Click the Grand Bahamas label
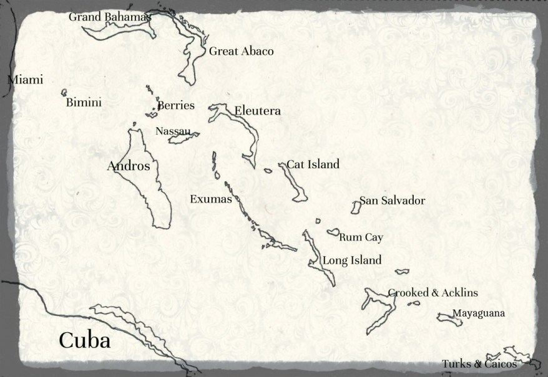pos(110,17)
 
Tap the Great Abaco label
pos(241,51)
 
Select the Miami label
pos(26,80)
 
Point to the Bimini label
pos(84,103)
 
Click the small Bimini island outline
pos(64,92)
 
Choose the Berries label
pos(176,105)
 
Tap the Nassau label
pos(173,131)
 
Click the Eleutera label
pos(257,111)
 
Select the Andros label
pos(129,166)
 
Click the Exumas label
pos(210,199)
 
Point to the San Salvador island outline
pos(356,208)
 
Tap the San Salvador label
pos(392,201)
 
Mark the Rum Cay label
pos(361,237)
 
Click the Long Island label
pos(351,260)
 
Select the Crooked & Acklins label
pos(433,293)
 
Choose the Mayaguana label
pos(479,313)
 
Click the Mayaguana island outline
pos(448,318)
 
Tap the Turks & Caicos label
pos(479,364)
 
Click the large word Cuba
pos(84,340)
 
